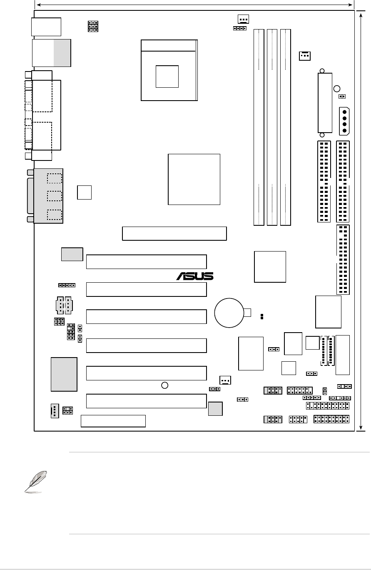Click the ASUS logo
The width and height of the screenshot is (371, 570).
pos(195,276)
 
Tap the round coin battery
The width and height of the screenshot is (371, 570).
pos(229,312)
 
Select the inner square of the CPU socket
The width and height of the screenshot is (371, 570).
pos(167,76)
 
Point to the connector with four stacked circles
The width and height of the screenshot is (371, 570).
pos(344,121)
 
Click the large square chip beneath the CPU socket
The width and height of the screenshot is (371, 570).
pos(194,179)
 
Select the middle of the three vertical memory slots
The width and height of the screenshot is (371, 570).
pos(272,127)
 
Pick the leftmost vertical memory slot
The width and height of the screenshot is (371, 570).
pos(259,127)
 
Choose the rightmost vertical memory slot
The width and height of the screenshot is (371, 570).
pos(286,127)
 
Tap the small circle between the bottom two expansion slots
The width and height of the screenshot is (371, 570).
pos(165,385)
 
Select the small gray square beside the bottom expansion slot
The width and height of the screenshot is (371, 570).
pos(215,409)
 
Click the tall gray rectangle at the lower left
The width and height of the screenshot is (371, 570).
pos(64,374)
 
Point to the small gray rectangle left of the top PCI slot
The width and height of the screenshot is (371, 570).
pos(72,254)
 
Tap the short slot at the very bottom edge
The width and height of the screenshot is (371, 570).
pos(113,421)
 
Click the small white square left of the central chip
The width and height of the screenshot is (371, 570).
pos(85,192)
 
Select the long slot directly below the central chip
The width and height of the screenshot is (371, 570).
pos(174,233)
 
